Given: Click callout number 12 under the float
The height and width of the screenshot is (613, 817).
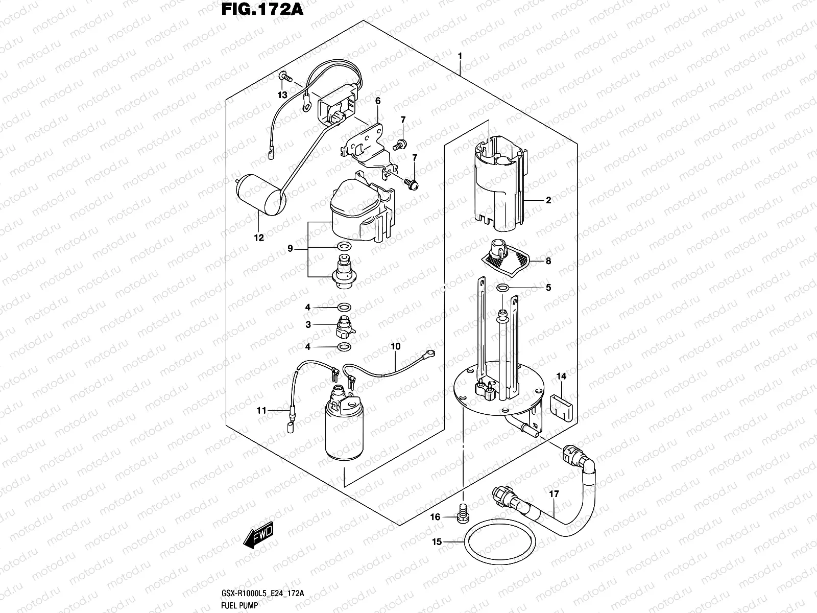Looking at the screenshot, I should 259,238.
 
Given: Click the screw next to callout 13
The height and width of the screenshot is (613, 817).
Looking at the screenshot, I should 285,78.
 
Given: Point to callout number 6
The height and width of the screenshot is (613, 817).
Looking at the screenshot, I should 378,101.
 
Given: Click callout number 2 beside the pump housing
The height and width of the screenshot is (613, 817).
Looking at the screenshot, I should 548,200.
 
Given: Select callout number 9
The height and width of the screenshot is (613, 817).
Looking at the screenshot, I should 290,249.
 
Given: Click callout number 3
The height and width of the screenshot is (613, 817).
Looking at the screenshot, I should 308,324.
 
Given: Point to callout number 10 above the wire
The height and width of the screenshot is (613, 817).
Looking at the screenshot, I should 395,346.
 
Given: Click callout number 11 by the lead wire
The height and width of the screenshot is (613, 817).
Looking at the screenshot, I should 262,410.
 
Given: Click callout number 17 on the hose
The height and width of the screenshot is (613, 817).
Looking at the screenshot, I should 555,494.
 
